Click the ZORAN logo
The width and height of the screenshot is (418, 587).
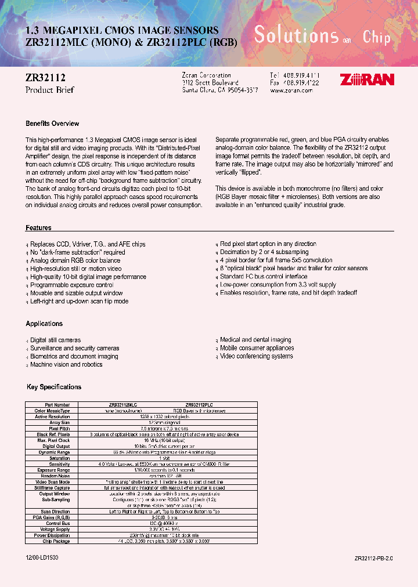367,79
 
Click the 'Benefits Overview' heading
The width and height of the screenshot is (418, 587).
52,124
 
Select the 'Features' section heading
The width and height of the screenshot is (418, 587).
38,228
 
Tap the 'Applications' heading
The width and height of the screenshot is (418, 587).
44,324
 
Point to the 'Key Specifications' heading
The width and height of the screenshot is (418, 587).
54,387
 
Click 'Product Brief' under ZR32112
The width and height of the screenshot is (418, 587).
50,90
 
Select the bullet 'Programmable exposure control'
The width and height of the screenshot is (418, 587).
71,285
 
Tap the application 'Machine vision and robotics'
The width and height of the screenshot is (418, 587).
66,364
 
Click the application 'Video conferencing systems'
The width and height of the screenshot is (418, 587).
256,356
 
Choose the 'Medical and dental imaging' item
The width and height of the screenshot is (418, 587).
255,340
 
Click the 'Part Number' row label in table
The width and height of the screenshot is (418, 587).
57,404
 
